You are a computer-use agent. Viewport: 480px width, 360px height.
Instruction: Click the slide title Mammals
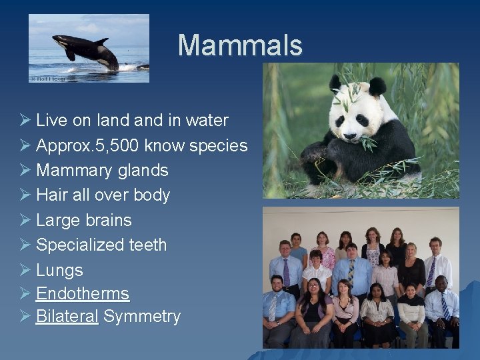click(x=239, y=45)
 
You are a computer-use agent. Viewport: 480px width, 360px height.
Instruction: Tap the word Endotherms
click(x=83, y=294)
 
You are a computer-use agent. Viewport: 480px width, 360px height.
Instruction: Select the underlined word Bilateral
click(x=67, y=316)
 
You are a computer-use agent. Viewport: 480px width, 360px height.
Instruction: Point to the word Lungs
click(x=59, y=270)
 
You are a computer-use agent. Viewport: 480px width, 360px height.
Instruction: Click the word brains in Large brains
click(x=107, y=220)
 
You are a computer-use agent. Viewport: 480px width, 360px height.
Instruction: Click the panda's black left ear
click(x=335, y=83)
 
